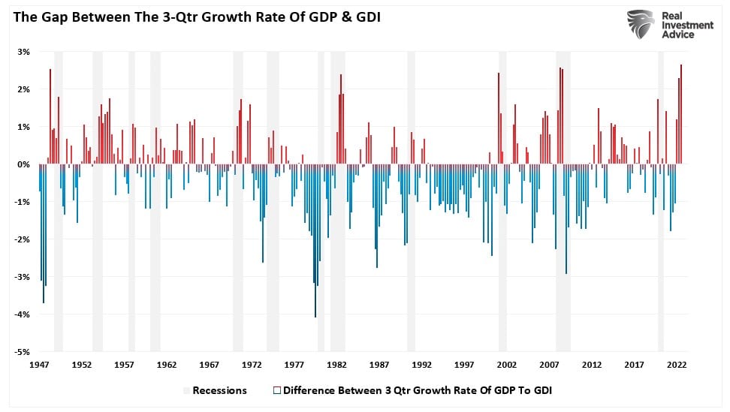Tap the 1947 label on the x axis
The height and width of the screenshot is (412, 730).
click(x=40, y=365)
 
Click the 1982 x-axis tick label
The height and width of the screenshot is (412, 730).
click(x=336, y=365)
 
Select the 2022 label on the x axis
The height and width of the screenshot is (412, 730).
click(x=676, y=365)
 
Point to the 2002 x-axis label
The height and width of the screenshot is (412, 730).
click(x=506, y=365)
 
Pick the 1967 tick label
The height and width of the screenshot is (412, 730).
click(x=210, y=365)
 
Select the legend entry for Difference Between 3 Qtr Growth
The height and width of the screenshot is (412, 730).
click(x=412, y=390)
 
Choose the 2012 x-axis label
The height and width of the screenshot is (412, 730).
click(x=591, y=365)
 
